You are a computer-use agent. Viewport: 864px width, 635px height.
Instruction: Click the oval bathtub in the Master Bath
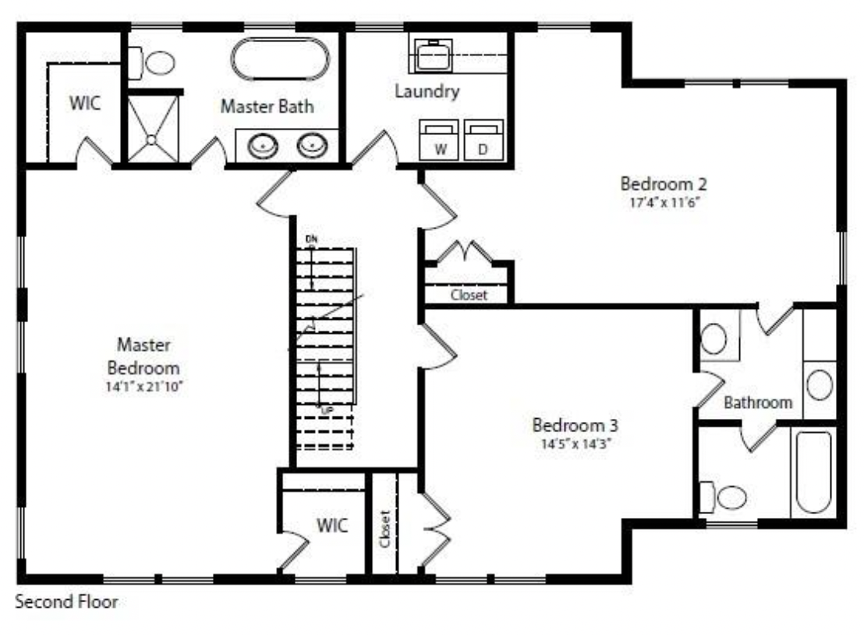[280, 59]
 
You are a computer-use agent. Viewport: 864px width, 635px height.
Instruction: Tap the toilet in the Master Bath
[152, 62]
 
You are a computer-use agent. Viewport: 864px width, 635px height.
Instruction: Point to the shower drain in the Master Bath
[151, 140]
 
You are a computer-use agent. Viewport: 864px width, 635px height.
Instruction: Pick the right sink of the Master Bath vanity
[313, 145]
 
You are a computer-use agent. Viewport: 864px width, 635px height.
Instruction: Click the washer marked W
[438, 140]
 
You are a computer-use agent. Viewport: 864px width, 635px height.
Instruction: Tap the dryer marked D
[483, 140]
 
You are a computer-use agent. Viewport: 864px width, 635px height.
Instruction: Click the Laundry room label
[427, 91]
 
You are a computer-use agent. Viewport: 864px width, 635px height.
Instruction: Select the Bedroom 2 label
[664, 183]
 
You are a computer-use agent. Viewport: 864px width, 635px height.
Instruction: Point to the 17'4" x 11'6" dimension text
[664, 202]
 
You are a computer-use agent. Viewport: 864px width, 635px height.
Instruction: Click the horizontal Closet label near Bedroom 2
[469, 295]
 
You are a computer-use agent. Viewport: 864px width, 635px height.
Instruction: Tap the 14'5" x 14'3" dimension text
[575, 444]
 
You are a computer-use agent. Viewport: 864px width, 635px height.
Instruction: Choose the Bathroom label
[758, 403]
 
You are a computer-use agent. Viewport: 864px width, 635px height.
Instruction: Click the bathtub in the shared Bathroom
[813, 472]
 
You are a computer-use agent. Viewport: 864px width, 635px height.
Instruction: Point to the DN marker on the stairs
[311, 239]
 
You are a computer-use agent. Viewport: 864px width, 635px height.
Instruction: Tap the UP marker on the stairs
[327, 410]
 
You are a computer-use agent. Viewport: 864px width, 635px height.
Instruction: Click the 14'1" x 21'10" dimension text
[143, 386]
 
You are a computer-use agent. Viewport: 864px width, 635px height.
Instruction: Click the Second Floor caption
[67, 601]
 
